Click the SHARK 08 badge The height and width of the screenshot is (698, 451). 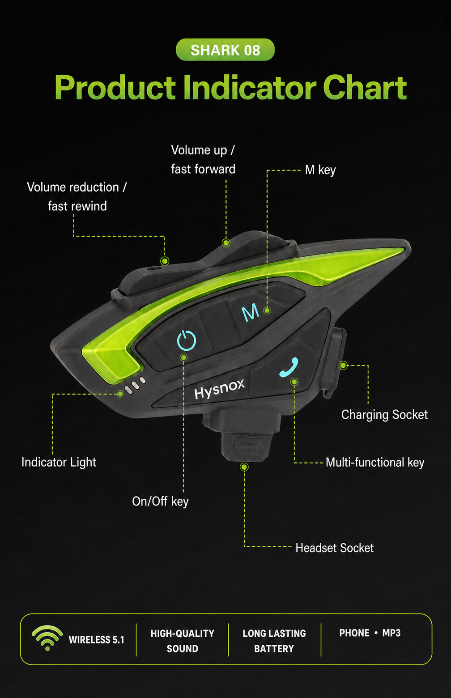click(225, 50)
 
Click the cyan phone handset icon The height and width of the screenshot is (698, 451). click(289, 368)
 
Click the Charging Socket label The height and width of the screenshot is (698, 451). click(384, 415)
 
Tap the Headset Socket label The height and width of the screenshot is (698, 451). click(334, 548)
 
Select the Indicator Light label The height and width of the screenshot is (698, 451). click(59, 463)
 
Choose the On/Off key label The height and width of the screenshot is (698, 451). click(160, 502)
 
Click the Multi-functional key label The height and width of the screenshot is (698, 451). click(375, 463)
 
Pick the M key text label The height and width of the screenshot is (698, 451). click(320, 170)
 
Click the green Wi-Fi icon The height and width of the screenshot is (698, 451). click(47, 638)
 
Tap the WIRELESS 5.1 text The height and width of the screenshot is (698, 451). click(96, 640)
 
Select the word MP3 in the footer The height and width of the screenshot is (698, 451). click(391, 633)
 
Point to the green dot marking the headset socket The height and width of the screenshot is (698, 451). click(244, 467)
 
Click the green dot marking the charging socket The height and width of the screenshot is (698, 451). click(343, 365)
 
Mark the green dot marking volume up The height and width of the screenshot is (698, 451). click(226, 243)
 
